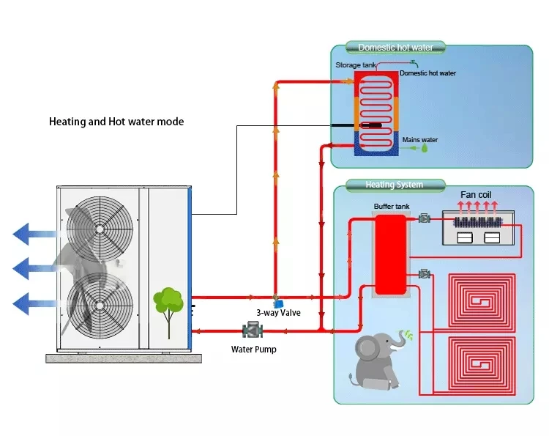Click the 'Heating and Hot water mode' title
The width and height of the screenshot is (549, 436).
point(116,122)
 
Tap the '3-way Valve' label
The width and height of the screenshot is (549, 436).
point(278,312)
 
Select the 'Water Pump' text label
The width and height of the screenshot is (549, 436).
point(254,349)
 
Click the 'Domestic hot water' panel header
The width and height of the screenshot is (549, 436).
point(395,48)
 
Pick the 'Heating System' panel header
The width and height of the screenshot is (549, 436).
point(395,185)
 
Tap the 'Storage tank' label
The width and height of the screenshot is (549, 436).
point(354,65)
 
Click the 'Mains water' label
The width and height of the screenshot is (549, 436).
point(420,139)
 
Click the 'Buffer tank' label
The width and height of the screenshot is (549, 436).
point(389,207)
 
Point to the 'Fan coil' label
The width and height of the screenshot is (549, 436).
point(475,195)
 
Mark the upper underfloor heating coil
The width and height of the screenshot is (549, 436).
point(481,300)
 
